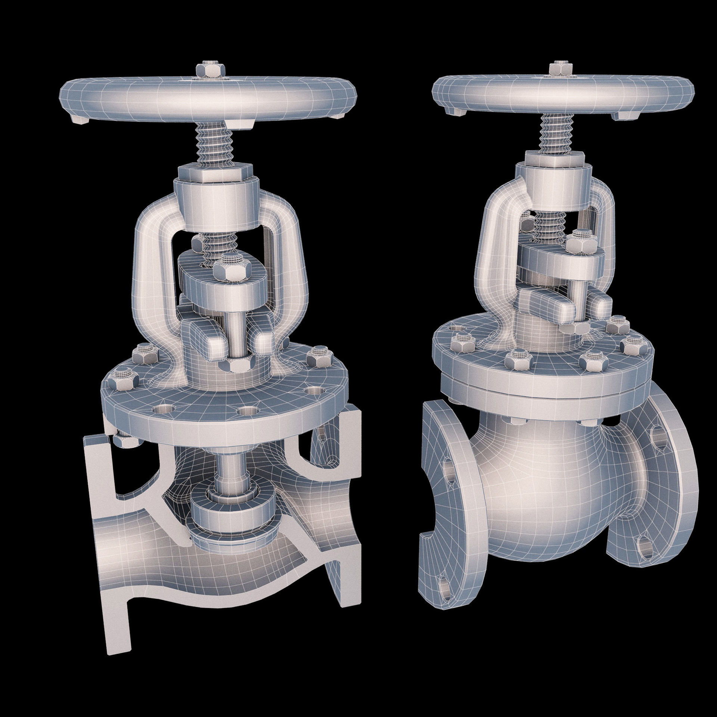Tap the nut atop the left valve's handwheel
[x=210, y=70]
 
